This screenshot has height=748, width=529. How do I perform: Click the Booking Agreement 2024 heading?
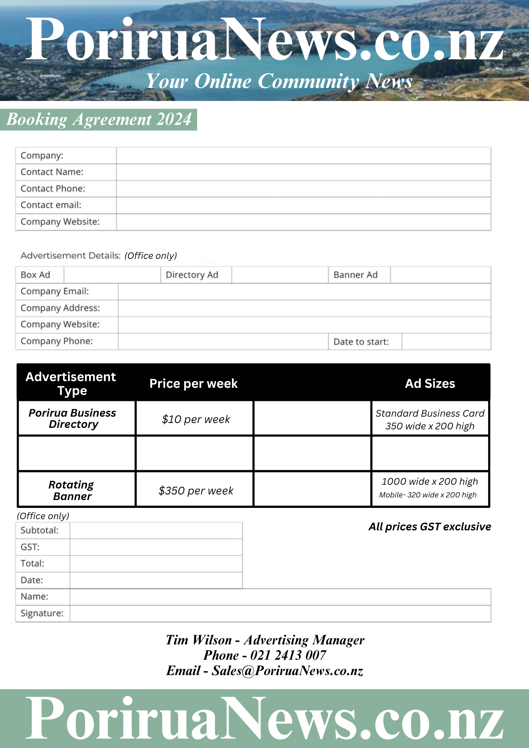[99, 120]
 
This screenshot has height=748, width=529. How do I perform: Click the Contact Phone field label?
[53, 188]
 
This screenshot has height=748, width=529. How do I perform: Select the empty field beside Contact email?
[303, 205]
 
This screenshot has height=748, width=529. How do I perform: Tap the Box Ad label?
[36, 275]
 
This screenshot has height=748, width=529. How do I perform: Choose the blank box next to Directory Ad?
[279, 275]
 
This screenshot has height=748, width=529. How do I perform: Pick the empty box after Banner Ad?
[440, 275]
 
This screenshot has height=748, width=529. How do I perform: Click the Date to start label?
[361, 342]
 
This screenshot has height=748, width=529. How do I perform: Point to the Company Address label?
[60, 308]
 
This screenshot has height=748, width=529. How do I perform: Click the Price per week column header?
[193, 384]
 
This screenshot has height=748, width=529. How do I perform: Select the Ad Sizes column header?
[430, 384]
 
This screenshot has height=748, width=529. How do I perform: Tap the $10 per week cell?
[196, 419]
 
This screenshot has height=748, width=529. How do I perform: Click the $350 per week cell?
[196, 491]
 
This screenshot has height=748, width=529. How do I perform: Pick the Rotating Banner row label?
[71, 490]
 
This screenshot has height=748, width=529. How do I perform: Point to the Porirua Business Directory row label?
[73, 419]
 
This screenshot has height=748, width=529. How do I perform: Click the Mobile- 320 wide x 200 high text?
[428, 495]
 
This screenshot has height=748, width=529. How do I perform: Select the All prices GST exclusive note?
[429, 527]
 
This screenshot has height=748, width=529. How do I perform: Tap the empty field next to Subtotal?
[156, 531]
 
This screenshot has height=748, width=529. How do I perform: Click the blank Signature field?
[280, 614]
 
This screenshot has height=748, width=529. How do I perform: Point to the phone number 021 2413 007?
[288, 655]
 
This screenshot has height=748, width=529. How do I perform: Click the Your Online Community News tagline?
[279, 81]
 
